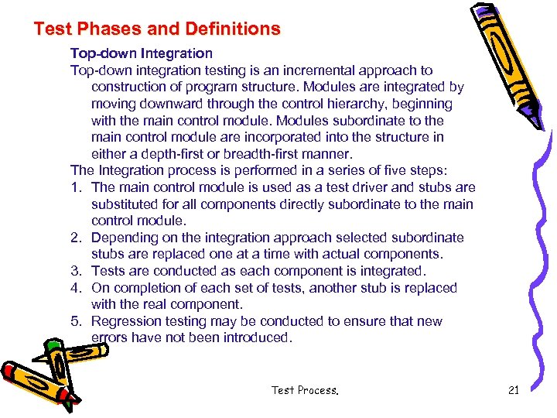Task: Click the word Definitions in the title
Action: (x=233, y=29)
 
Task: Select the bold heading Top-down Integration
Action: (x=142, y=53)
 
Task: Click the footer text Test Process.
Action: (x=305, y=390)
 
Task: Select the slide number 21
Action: (x=514, y=390)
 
